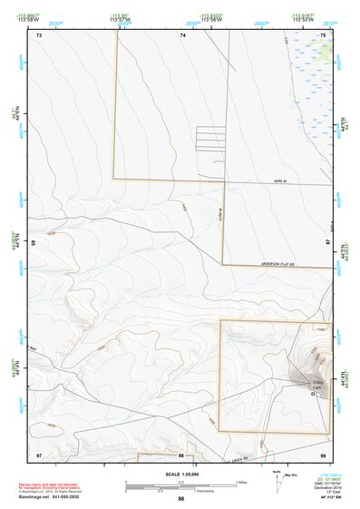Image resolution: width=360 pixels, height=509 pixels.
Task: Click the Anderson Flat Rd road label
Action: click(277, 264)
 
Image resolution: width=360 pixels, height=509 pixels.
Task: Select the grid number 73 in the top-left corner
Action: click(39, 34)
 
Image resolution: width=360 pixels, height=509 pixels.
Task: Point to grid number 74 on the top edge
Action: click(182, 34)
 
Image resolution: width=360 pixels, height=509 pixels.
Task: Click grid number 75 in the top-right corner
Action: click(324, 34)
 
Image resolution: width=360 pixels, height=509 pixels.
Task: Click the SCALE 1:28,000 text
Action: click(180, 474)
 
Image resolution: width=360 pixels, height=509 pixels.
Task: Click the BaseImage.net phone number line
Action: click(51, 498)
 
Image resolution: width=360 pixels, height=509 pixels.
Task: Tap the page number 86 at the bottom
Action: click(181, 499)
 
